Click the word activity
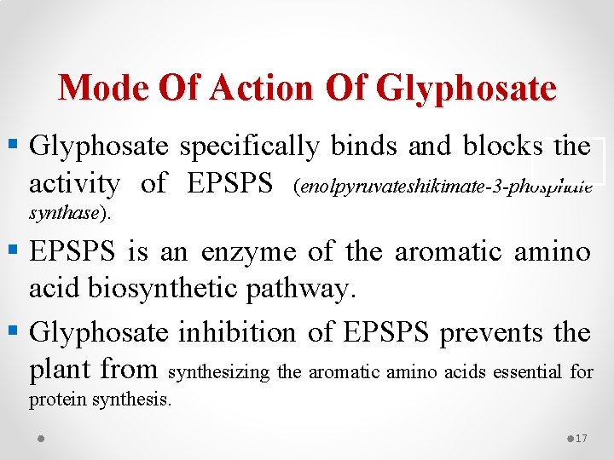click(74, 183)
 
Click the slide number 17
click(581, 438)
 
